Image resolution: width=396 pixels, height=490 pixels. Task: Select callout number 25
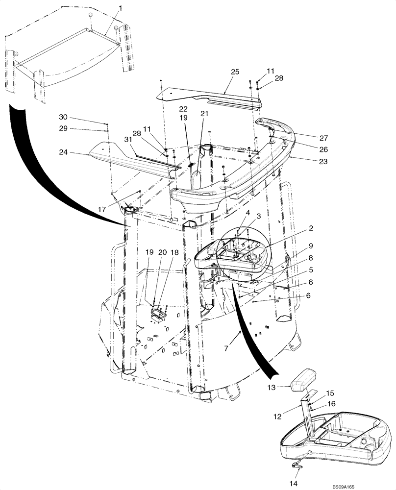(235, 72)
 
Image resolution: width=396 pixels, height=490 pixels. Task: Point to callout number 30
(64, 117)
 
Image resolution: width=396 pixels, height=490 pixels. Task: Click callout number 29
(64, 129)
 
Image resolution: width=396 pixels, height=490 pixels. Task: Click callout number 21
(204, 113)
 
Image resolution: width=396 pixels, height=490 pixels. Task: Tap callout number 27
(323, 138)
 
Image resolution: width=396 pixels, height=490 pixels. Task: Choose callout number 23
(323, 161)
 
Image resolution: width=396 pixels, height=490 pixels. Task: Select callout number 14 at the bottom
(294, 484)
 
